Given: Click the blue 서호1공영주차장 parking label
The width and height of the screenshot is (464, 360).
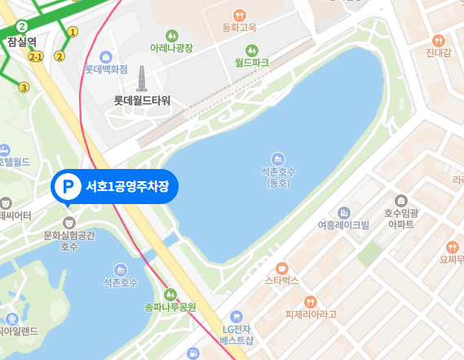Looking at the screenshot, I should (x=126, y=186).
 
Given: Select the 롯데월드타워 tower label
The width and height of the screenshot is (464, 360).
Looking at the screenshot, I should (x=142, y=100).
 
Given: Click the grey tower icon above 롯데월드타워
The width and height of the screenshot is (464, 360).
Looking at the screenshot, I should (x=142, y=79).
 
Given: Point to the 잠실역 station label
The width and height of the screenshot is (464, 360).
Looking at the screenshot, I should (x=21, y=42).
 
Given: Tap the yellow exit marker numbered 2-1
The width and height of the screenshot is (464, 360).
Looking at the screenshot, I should (x=35, y=57).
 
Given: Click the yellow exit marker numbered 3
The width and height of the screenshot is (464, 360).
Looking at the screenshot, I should (x=24, y=87).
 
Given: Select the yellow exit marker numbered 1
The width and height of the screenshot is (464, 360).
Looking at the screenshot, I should (x=73, y=32).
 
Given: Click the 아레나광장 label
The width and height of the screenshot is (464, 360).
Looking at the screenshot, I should (x=172, y=48).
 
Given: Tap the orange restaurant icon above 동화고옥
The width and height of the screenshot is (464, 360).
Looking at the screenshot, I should (x=239, y=15).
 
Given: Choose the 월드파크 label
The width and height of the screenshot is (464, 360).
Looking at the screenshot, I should (x=251, y=62).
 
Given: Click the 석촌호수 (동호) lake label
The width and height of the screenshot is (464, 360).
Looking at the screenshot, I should (x=278, y=177).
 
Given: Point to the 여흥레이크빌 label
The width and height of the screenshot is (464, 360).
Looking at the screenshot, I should (x=343, y=224).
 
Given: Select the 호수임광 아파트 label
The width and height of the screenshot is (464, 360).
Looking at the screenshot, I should (x=400, y=217).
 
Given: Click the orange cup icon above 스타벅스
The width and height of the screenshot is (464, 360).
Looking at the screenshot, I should (x=282, y=267).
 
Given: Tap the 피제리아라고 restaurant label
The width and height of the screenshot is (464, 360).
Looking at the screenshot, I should (x=311, y=313).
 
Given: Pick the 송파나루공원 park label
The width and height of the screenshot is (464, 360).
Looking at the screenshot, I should (x=170, y=307).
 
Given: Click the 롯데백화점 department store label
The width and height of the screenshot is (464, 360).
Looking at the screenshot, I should (x=106, y=69).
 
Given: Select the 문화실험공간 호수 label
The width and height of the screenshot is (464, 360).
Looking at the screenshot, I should (x=69, y=240).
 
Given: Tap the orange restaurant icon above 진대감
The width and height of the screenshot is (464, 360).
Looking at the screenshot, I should (x=439, y=40).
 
